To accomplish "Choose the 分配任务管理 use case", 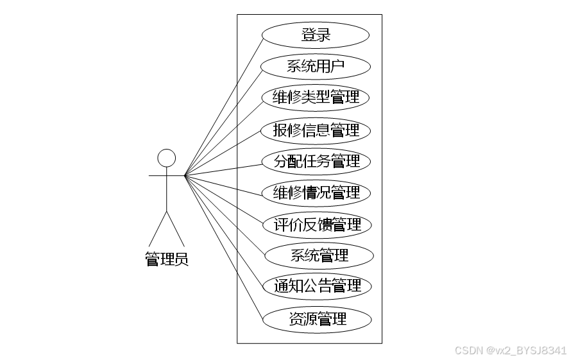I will pos(316,161).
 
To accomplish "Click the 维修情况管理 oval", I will pos(316,193).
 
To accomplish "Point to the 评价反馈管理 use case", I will pos(316,225).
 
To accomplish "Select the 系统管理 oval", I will pos(319,256).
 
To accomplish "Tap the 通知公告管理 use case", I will pos(318,286).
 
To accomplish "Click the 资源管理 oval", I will pos(318,319).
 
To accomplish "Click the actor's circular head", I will pos(167,158).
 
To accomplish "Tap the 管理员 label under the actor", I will pos(167,260).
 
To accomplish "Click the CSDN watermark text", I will pos(511,350).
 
